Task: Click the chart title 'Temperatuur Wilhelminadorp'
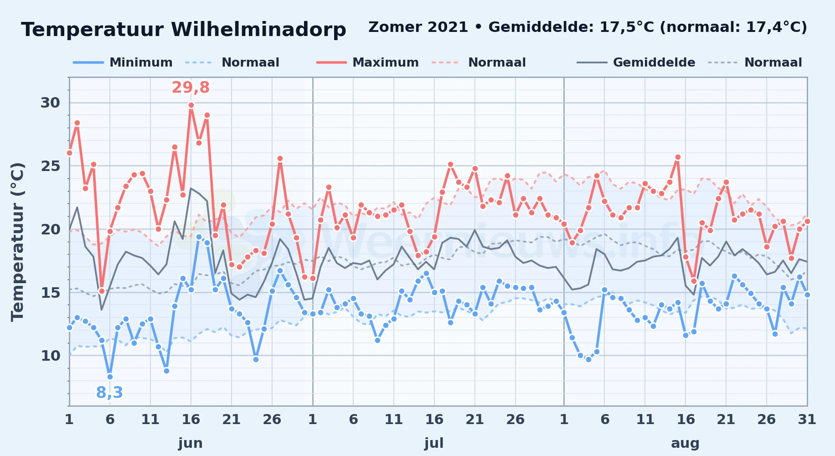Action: click(x=184, y=30)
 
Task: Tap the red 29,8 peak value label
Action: click(x=191, y=87)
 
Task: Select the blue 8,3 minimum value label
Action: click(x=109, y=392)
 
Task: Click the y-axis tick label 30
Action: click(x=50, y=103)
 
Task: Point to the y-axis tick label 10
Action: click(x=50, y=356)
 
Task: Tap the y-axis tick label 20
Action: click(x=50, y=229)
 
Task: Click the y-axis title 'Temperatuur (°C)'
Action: click(x=17, y=242)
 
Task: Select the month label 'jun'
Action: click(x=191, y=443)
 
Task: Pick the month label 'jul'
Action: click(x=434, y=443)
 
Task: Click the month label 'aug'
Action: click(x=685, y=443)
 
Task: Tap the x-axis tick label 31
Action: click(x=807, y=419)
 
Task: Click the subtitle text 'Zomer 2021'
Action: click(x=418, y=27)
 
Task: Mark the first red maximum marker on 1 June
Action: click(x=69, y=153)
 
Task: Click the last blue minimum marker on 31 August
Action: click(x=807, y=295)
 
